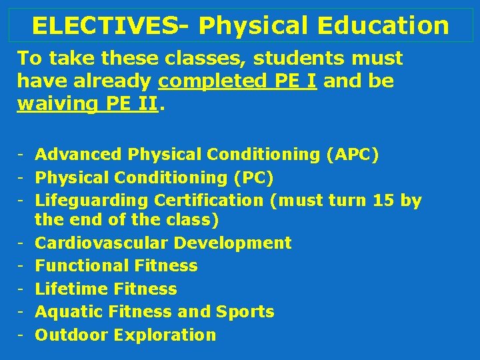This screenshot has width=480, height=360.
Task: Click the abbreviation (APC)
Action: coord(353,155)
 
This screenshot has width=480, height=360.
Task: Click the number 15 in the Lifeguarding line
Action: coord(384,200)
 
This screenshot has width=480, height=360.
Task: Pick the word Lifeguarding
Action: coord(92,200)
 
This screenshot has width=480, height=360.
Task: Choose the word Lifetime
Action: coord(71,289)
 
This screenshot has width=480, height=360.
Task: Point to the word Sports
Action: coord(245,311)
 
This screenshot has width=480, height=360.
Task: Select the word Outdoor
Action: coord(71,335)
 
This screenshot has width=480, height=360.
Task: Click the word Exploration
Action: coord(165,335)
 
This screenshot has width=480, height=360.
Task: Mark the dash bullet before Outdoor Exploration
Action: coord(21,335)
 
